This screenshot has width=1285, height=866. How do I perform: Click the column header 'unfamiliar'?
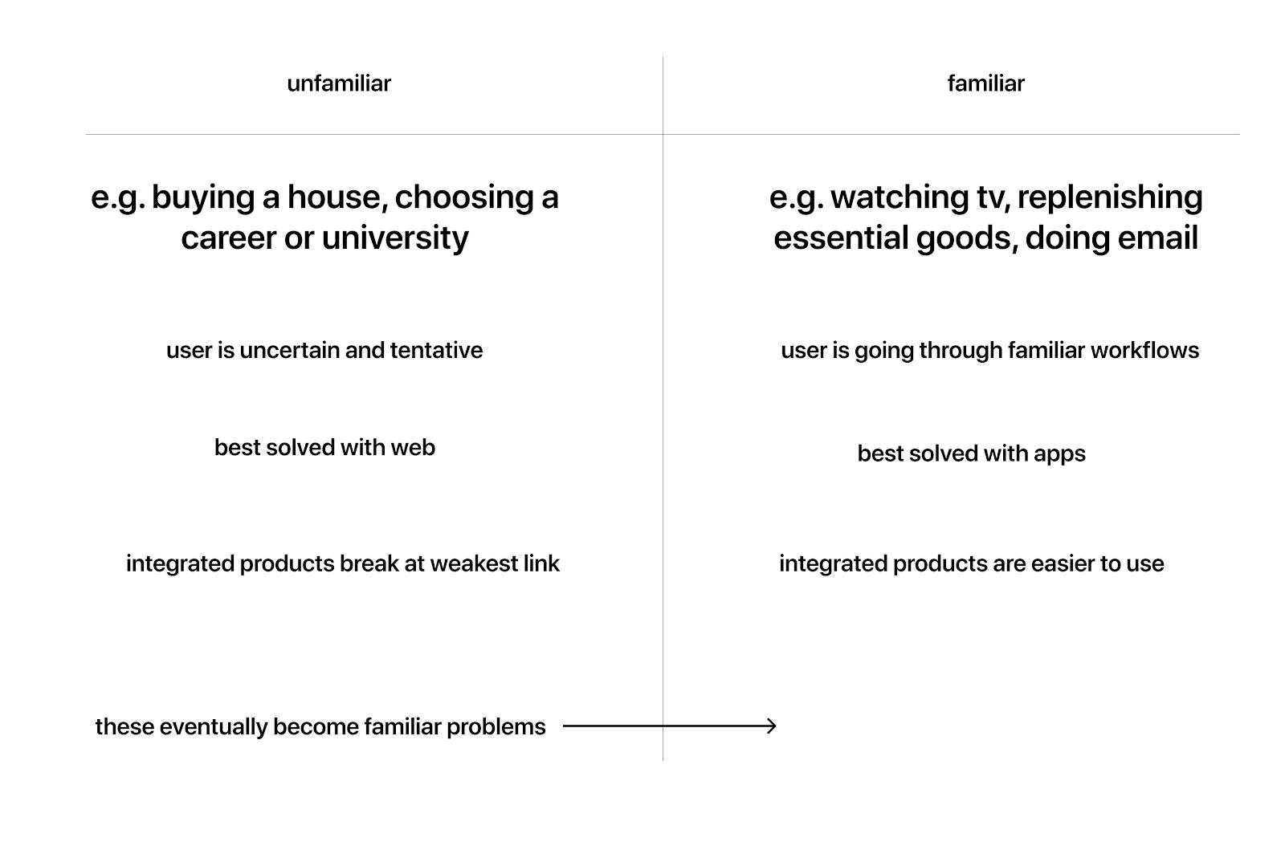click(339, 83)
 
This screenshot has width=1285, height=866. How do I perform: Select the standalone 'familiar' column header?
click(985, 83)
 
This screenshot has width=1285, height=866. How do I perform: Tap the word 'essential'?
click(840, 238)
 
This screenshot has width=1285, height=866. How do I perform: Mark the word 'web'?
click(413, 448)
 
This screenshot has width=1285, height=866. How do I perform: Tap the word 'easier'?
click(1066, 563)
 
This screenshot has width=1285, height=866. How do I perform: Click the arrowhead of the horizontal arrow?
click(772, 726)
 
